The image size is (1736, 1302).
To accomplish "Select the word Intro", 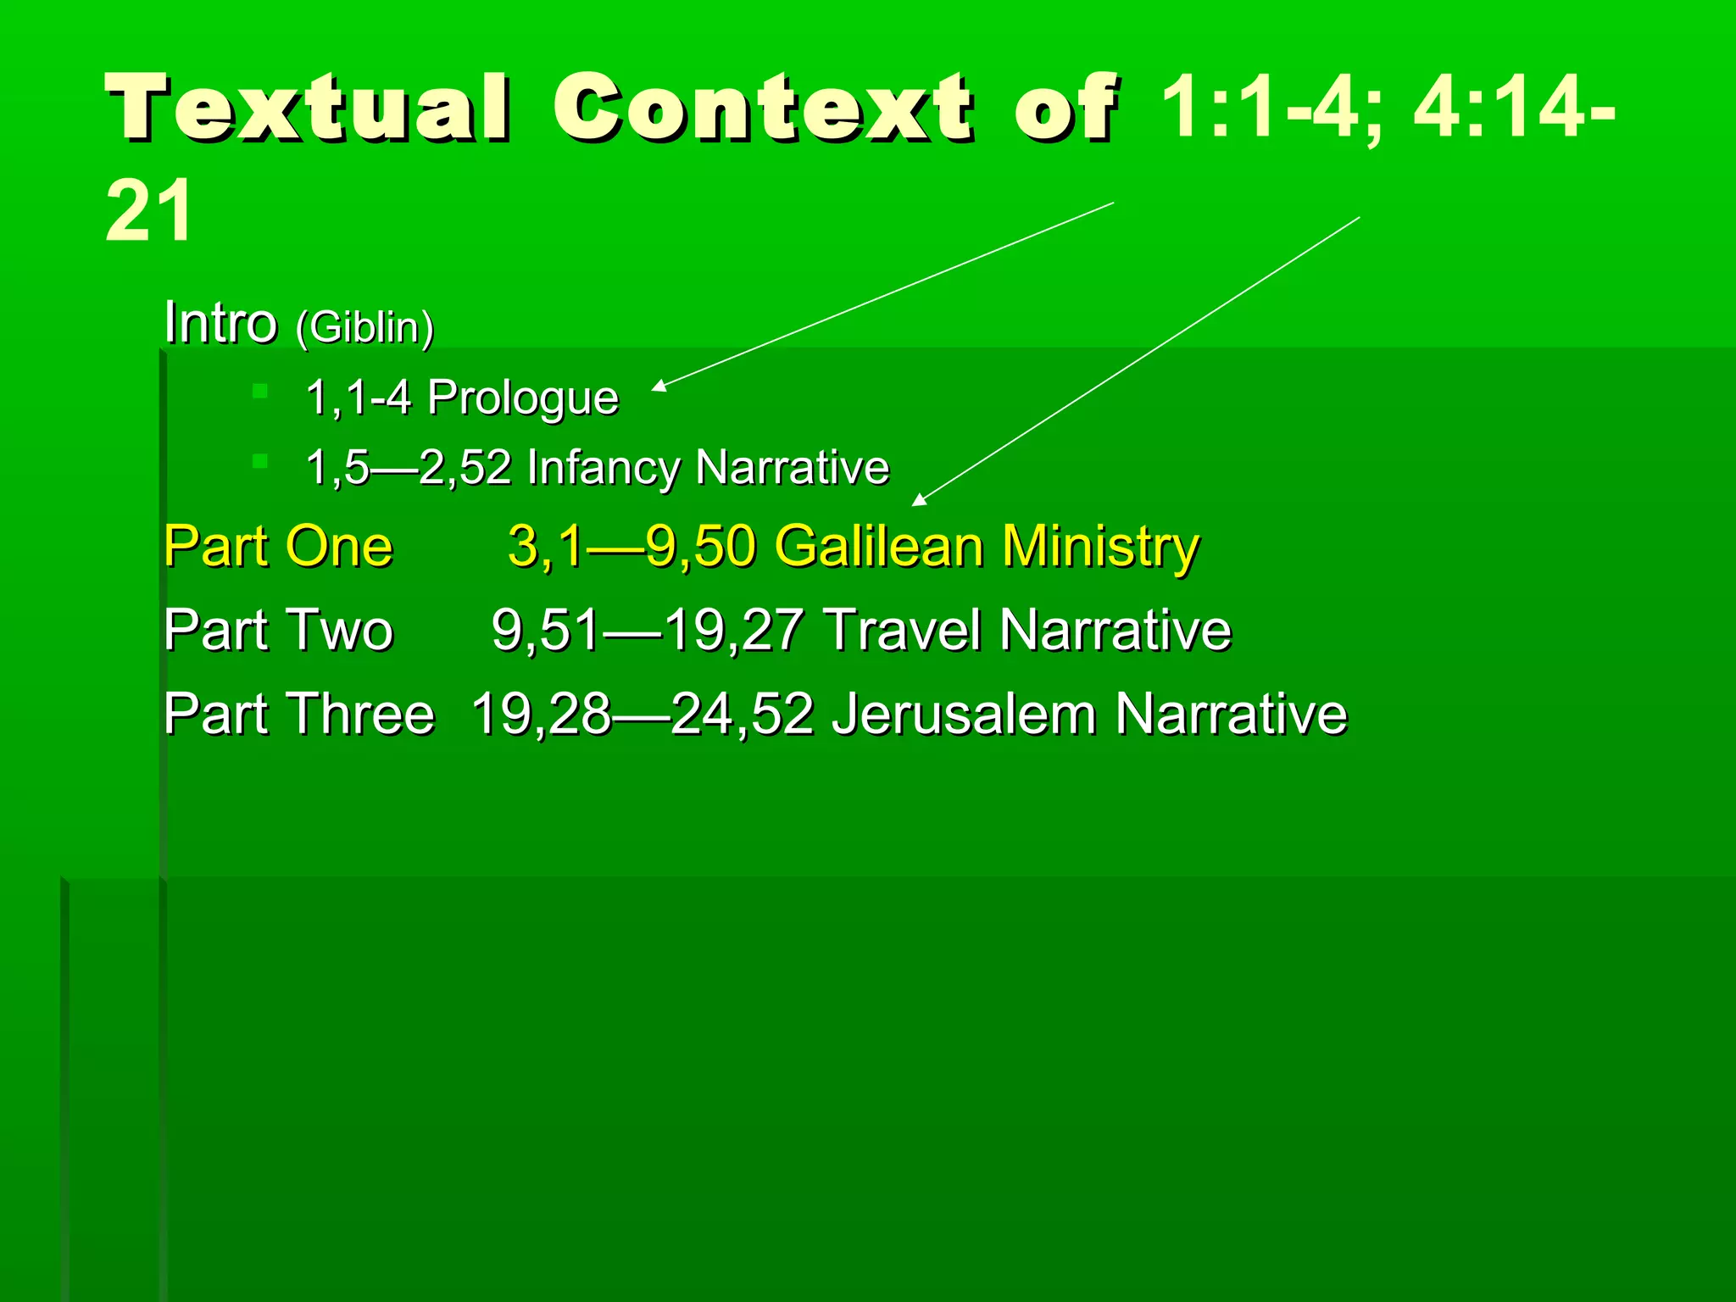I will pos(220,323).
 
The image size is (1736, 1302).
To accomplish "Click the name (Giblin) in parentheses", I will pos(364,327).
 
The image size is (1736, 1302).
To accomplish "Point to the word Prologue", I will pos(523,398).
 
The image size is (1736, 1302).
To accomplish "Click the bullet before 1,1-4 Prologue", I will pos(260,392).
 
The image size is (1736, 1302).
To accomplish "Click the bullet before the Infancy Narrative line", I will pos(260,462).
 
